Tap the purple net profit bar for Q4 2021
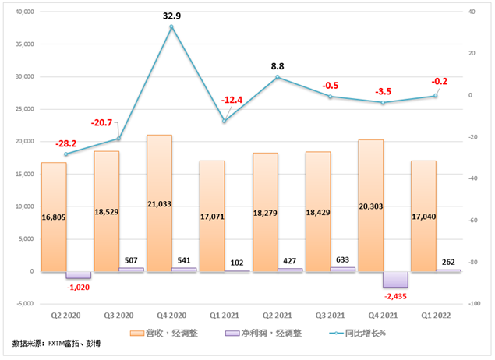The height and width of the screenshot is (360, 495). pos(395,279)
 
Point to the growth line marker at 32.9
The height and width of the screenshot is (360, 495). pos(171,27)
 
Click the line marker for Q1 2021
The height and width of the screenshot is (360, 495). pos(225,121)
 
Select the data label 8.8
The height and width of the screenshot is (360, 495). pos(278,67)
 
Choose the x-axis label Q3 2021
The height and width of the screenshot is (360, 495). pos(330,317)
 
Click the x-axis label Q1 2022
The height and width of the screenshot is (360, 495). pos(436,317)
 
